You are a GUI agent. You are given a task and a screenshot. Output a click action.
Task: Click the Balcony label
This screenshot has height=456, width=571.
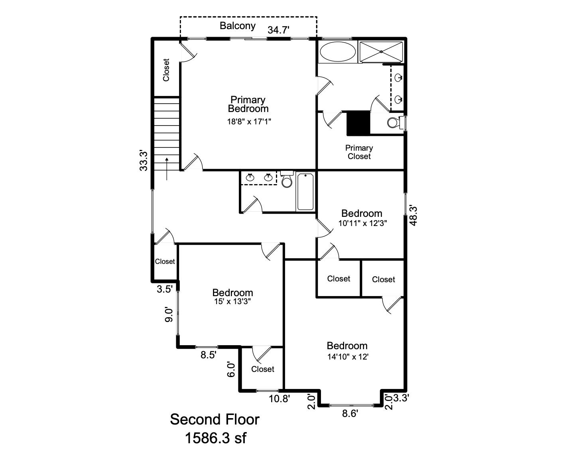[238, 26]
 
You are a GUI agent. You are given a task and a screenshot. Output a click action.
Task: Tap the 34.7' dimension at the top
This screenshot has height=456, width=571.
[278, 30]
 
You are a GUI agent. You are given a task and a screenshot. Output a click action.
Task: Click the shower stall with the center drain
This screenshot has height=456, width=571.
[381, 51]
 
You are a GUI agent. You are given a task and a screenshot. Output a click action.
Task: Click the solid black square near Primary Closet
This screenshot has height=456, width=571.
[358, 123]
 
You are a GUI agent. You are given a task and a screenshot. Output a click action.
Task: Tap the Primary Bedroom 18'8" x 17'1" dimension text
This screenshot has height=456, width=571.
[249, 122]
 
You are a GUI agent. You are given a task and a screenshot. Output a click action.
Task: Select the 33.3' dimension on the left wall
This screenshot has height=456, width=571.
[144, 160]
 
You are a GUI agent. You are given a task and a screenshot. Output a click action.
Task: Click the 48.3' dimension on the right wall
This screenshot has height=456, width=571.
[413, 215]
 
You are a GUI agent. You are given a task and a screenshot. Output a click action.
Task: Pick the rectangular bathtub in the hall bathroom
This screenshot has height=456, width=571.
[305, 191]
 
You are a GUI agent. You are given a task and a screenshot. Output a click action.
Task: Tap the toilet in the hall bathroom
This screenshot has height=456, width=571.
[287, 180]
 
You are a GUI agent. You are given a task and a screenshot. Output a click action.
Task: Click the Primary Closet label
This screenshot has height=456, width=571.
[359, 152]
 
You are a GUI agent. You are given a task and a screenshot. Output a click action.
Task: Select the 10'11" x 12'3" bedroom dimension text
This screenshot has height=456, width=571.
[362, 223]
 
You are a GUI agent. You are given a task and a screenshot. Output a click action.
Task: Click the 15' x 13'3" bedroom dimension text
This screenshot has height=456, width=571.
[232, 302]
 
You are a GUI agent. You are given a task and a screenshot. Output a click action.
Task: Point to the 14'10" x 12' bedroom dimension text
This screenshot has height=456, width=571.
[347, 357]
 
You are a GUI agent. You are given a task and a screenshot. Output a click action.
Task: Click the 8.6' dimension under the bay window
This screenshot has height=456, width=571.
[350, 414]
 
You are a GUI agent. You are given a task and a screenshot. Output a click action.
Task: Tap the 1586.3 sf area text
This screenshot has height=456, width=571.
[215, 438]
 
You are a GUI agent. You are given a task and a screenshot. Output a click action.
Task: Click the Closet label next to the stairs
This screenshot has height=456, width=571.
[166, 70]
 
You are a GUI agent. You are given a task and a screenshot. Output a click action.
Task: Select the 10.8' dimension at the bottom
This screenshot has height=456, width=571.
[279, 399]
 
